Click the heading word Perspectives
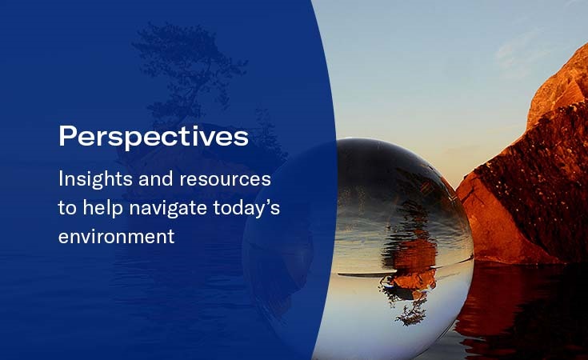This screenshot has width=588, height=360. click(154, 137)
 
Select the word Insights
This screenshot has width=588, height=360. click(95, 179)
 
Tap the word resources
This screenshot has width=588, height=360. click(225, 179)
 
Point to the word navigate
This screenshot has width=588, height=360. click(168, 209)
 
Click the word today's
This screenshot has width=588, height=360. click(246, 208)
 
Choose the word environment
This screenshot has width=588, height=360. click(116, 237)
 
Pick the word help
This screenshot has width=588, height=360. click(102, 208)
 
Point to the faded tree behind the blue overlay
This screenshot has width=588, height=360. click(187, 75)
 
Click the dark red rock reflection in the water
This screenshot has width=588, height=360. click(522, 307)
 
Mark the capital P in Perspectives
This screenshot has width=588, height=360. click(67, 136)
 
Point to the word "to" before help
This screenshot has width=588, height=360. click(67, 209)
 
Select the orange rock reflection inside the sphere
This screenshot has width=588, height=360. click(413, 262)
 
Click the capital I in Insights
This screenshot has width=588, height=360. click(60, 179)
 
